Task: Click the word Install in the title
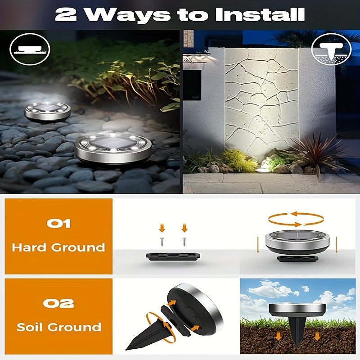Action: coord(260,14)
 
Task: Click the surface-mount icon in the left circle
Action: coord(30,49)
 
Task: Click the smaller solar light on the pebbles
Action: coord(47,112)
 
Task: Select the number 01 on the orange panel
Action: coord(58,223)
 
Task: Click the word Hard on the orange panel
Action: coord(29,247)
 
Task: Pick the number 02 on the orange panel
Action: coord(58,303)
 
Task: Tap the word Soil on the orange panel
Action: coord(31,327)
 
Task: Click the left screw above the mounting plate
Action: coord(162,242)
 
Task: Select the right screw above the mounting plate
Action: coord(184,242)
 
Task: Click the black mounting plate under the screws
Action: coord(173,256)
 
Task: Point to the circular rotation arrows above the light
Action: coord(296,219)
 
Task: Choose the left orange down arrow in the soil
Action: coord(278,336)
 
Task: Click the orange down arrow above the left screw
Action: coord(162,228)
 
